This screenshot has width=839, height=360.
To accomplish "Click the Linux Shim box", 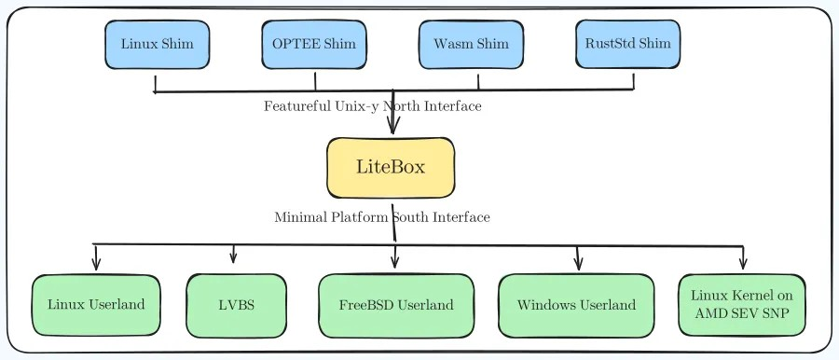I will click(157, 45).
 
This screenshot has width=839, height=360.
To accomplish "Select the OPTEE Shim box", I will click(314, 45).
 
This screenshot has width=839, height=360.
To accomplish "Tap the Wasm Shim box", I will click(471, 45).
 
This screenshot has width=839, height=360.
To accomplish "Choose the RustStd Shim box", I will click(627, 45).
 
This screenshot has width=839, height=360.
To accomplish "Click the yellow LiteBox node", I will click(391, 168).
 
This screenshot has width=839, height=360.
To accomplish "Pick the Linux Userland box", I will click(96, 305).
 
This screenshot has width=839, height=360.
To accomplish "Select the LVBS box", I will click(235, 305).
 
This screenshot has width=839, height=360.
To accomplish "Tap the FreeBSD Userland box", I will click(396, 305).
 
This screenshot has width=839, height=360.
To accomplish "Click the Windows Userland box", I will click(576, 305).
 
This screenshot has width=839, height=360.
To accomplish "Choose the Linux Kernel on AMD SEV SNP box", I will click(742, 305).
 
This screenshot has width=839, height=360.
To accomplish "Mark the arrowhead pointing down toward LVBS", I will click(233, 257).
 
